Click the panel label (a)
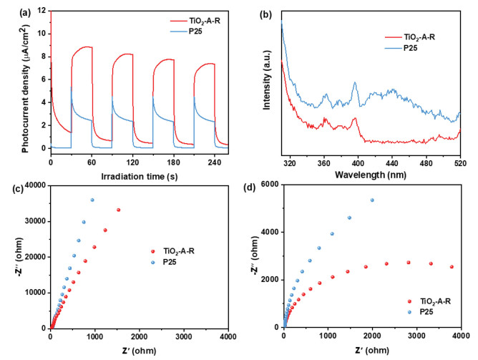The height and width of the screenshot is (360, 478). (x=9, y=9)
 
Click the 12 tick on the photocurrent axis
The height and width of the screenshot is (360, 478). (x=43, y=10)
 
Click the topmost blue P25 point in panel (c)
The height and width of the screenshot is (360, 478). (x=92, y=200)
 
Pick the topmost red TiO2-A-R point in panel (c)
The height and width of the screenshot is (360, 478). (x=119, y=210)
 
